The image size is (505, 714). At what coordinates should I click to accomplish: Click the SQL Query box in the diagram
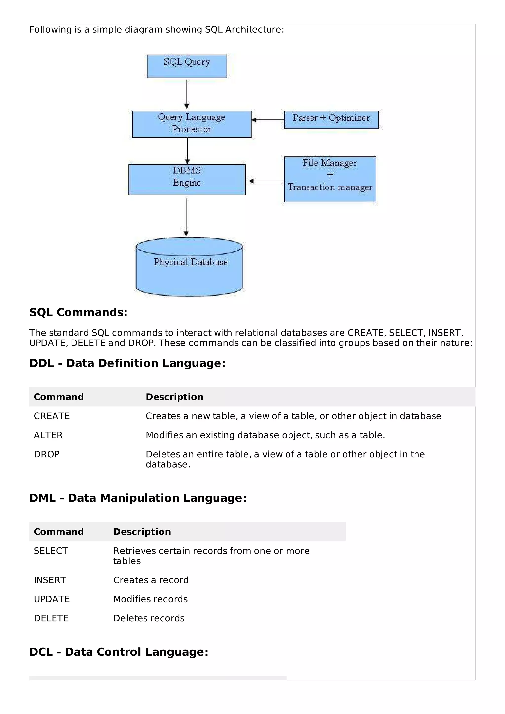[x=187, y=66]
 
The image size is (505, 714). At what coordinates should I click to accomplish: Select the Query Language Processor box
[x=192, y=124]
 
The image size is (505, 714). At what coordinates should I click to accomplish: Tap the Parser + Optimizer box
[x=331, y=120]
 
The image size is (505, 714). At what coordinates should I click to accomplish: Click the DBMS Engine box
[x=187, y=179]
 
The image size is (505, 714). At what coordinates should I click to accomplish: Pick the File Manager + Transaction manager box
[x=330, y=179]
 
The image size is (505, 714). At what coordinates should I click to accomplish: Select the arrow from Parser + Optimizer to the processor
[x=268, y=120]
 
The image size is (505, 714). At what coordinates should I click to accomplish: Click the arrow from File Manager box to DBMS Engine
[x=266, y=181]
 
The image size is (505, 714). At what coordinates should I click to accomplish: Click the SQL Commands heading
[x=78, y=312]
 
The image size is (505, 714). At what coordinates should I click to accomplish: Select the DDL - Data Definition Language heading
[x=127, y=363]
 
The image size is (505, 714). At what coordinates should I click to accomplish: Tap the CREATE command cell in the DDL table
[x=52, y=416]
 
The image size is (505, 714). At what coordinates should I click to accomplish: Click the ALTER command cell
[x=48, y=435]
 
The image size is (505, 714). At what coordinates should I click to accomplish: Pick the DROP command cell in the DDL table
[x=47, y=454]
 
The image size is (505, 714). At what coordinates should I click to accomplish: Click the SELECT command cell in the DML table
[x=51, y=551]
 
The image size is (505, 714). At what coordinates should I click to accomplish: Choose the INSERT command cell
[x=50, y=580]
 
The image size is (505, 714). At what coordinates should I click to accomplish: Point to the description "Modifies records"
[x=151, y=599]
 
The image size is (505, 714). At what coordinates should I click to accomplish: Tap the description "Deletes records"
[x=149, y=618]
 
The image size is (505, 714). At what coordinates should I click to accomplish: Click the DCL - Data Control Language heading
[x=119, y=652]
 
